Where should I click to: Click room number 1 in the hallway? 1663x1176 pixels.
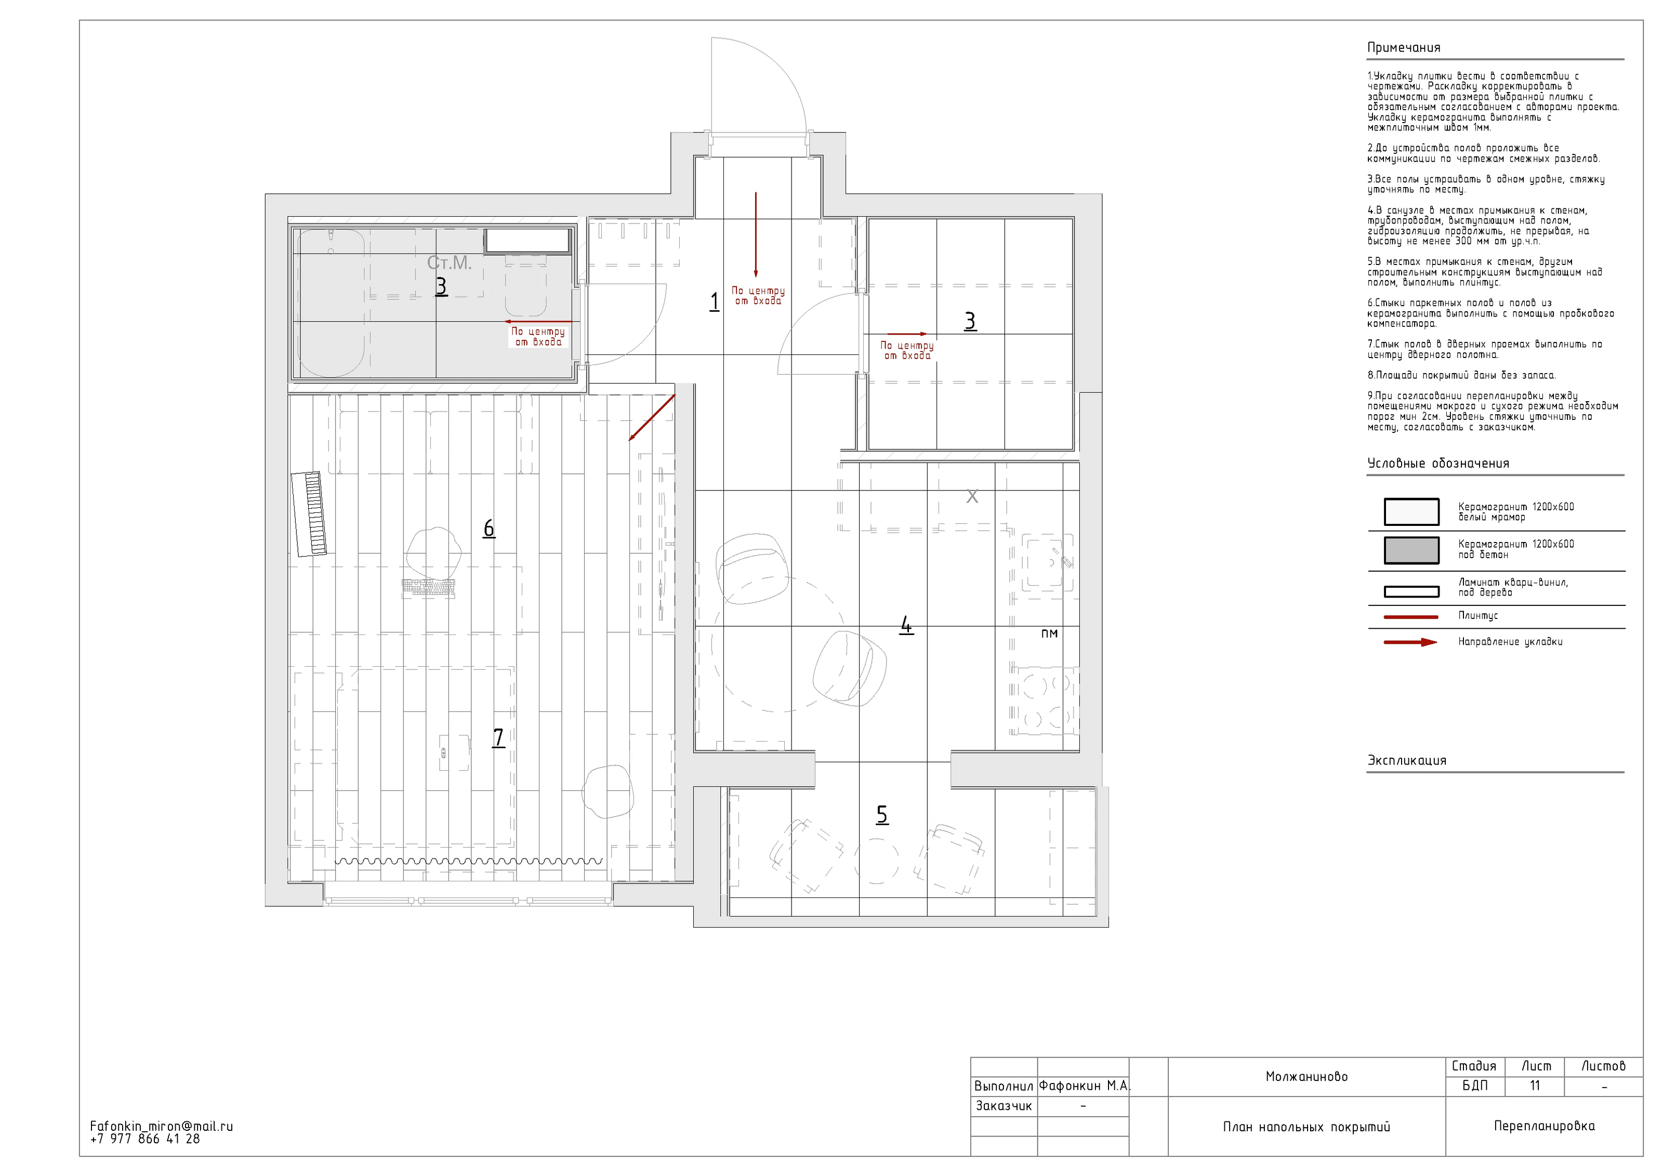pos(714,301)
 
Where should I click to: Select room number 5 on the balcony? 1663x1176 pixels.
pos(882,815)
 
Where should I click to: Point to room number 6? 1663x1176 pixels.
pos(489,528)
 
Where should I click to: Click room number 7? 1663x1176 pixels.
pos(498,737)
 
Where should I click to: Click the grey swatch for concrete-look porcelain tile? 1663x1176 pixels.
pos(1411,550)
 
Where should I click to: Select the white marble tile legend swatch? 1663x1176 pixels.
pos(1411,511)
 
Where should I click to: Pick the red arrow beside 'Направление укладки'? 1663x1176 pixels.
pos(1410,642)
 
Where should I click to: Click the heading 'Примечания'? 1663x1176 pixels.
pos(1404,48)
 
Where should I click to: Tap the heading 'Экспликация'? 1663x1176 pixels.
pos(1407,760)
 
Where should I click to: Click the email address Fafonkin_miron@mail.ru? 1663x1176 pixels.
pos(162,1126)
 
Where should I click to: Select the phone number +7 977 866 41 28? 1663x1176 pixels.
pos(145,1139)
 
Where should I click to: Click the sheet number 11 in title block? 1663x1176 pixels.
pos(1535,1086)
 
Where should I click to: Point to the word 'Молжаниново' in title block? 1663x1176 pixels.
pos(1306,1077)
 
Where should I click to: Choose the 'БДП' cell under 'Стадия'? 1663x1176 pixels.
pos(1475,1086)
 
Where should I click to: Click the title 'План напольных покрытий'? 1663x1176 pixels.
pos(1306,1127)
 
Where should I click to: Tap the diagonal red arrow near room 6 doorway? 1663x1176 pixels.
pos(652,418)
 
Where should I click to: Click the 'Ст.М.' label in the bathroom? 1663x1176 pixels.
pos(449,263)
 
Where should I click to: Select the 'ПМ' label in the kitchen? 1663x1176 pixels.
pos(1050,633)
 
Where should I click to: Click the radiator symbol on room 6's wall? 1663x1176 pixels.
pos(309,513)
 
